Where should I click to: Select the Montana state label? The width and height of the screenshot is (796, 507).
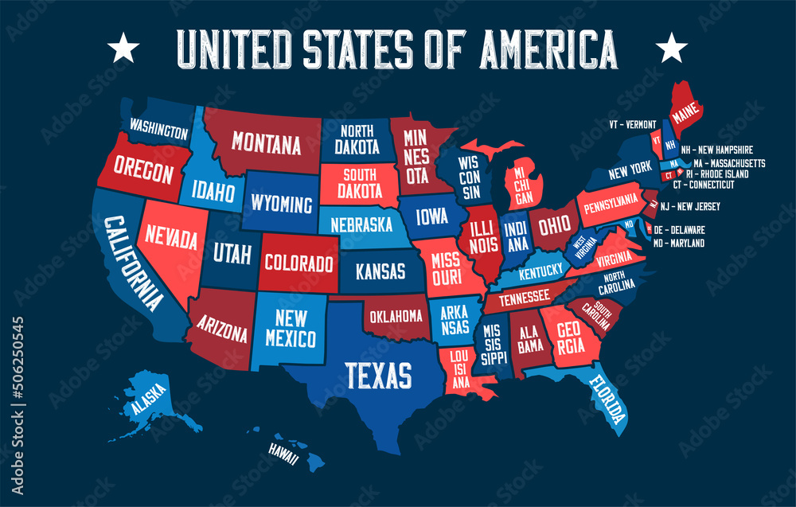click(x=266, y=144)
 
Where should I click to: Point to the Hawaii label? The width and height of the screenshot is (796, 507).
click(x=283, y=458)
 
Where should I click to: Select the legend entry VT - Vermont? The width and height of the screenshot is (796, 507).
click(x=633, y=125)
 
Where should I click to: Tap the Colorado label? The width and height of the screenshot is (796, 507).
click(x=298, y=262)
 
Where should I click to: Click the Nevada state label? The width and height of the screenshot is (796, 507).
click(x=171, y=238)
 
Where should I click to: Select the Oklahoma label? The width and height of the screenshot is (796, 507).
click(x=396, y=316)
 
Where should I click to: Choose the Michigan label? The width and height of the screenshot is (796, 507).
click(x=519, y=183)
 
